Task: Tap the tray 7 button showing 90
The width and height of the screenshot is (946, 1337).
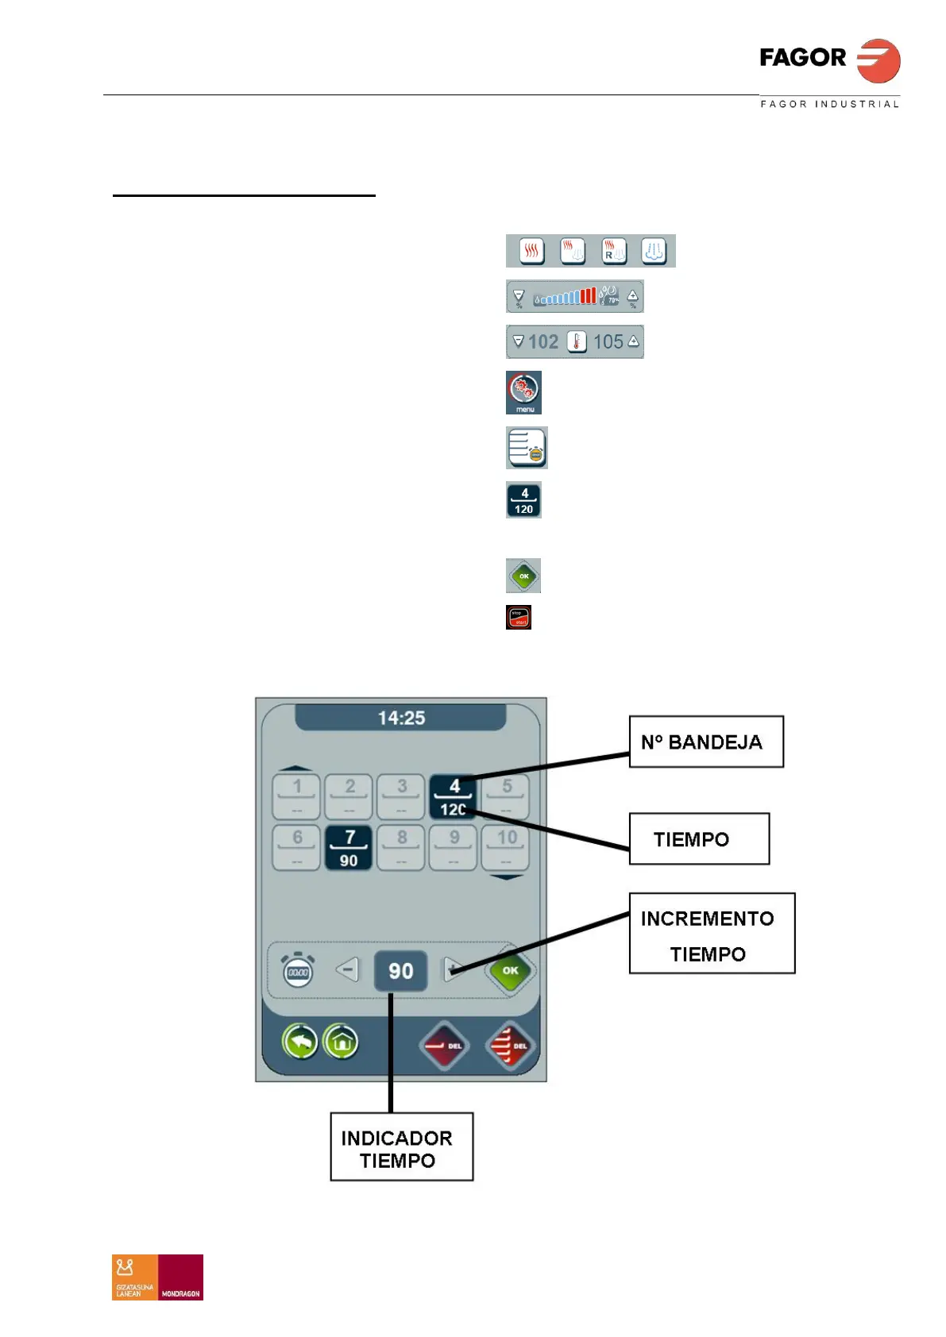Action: (349, 848)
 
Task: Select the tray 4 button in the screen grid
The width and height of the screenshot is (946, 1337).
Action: (454, 797)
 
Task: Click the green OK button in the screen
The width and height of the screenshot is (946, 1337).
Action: (510, 970)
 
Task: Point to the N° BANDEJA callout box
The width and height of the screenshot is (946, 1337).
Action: (705, 742)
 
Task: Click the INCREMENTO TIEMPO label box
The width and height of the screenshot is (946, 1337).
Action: (711, 934)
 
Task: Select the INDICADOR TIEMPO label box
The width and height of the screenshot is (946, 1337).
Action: (401, 1146)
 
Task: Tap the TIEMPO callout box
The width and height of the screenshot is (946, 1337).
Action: (698, 838)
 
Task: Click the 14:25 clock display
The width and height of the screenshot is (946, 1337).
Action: (401, 718)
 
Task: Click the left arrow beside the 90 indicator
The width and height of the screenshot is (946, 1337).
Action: (347, 969)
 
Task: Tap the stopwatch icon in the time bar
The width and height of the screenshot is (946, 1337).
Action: (298, 970)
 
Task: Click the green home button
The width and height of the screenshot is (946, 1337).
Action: (341, 1042)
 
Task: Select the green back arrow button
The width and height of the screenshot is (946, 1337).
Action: (299, 1042)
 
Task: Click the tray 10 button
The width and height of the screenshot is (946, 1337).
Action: (506, 848)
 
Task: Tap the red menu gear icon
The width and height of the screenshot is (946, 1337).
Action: (523, 391)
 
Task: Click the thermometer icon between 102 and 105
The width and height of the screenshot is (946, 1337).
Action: (577, 342)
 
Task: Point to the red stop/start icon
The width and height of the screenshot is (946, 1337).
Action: (519, 617)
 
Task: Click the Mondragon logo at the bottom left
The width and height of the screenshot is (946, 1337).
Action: (157, 1277)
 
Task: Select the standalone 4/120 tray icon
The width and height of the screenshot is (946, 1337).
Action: (523, 500)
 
